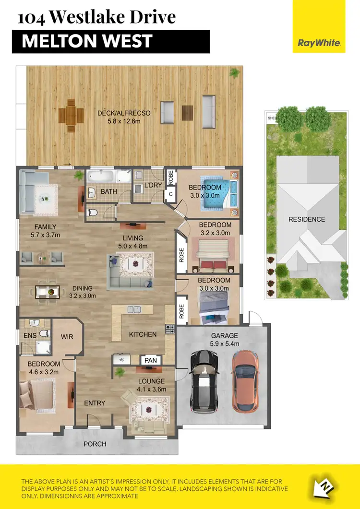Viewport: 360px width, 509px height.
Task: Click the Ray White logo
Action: pyautogui.click(x=319, y=43)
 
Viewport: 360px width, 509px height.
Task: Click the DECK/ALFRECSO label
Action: pyautogui.click(x=124, y=113)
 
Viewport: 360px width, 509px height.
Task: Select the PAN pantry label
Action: pyautogui.click(x=150, y=360)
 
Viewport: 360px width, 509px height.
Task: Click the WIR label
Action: pyautogui.click(x=67, y=337)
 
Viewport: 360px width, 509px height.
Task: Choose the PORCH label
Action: pyautogui.click(x=95, y=444)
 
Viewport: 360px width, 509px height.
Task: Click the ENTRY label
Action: pyautogui.click(x=95, y=403)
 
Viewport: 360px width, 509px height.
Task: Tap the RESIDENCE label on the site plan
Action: pyautogui.click(x=306, y=219)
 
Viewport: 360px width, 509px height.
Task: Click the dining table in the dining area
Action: pyautogui.click(x=47, y=291)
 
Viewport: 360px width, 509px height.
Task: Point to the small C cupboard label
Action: pyautogui.click(x=170, y=194)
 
